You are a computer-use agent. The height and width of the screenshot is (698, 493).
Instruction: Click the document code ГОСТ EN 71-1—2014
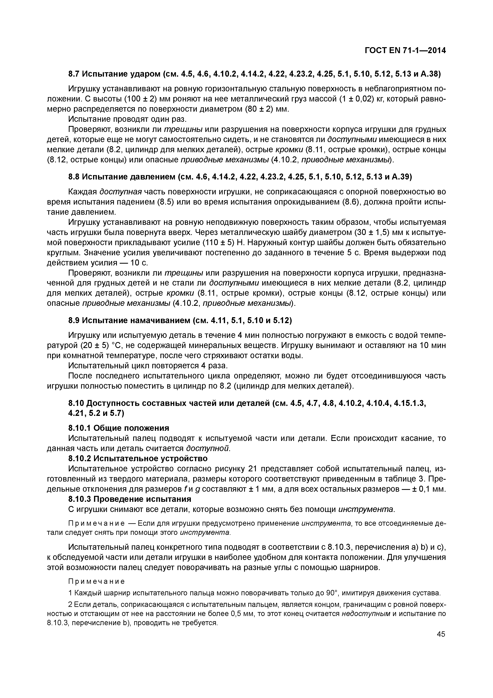pyautogui.click(x=405, y=51)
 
